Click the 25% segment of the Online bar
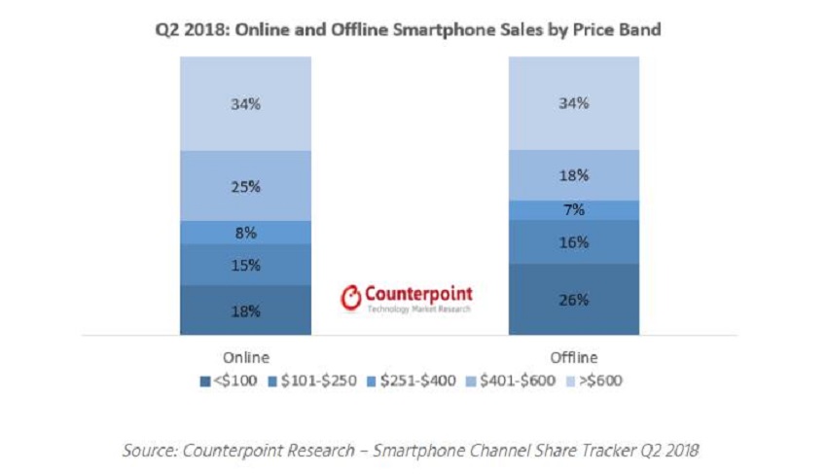245,186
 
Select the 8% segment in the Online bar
245,233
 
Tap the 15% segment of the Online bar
245,265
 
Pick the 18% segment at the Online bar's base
245,310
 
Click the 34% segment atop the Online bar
245,103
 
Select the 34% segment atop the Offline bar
573,103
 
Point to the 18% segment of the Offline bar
573,175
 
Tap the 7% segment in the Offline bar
573,210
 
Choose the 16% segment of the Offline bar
573,242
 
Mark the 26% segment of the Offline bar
573,300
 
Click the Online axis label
245,356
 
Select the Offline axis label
573,356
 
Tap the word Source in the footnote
146,451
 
